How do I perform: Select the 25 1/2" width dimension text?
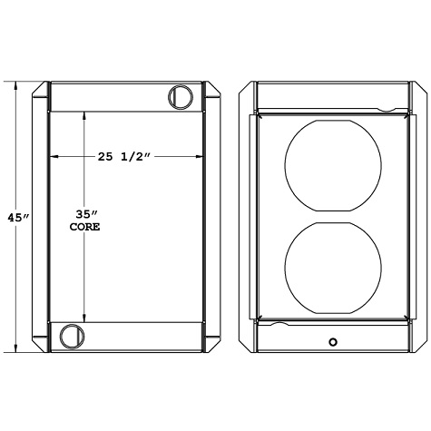(x=123, y=157)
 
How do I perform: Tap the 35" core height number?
(x=84, y=214)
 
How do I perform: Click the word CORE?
(x=84, y=228)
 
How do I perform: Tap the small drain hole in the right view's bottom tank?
(x=333, y=342)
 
